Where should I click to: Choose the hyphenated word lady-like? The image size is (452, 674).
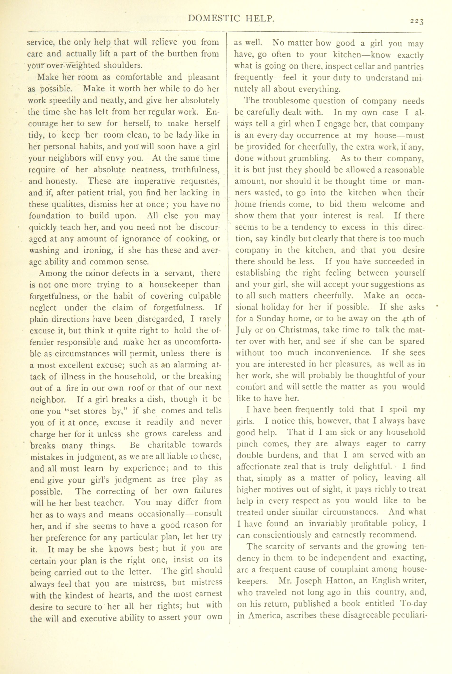tap(188, 135)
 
